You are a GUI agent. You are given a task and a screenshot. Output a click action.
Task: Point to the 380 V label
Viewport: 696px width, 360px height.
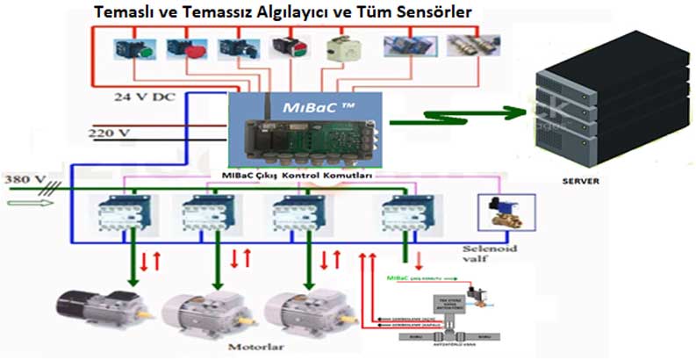coord(24,179)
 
